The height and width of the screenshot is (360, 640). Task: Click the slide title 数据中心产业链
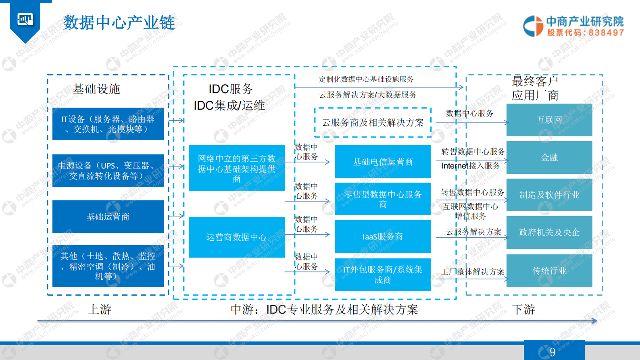pos(119,23)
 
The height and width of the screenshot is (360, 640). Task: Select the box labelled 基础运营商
pos(108,217)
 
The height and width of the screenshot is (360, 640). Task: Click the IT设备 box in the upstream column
pos(108,124)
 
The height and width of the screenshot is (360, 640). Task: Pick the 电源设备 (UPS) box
pos(108,171)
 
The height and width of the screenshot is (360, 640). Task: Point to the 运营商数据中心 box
pos(236,237)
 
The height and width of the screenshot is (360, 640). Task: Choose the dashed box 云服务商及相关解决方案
pos(373,123)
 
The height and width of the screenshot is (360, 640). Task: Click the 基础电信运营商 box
pos(383,162)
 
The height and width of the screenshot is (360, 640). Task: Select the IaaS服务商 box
pos(383,237)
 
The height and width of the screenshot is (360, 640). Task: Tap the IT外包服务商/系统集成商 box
pos(383,275)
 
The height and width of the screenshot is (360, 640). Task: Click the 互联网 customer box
pos(549,120)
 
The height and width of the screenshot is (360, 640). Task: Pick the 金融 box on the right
pos(549,158)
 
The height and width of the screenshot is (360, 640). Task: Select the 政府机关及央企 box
pos(549,233)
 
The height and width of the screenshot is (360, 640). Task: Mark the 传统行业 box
pos(549,271)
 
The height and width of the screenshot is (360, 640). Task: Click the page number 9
pos(553,352)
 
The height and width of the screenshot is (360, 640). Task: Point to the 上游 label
pos(100,310)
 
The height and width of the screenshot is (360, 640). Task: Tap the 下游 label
pos(523,310)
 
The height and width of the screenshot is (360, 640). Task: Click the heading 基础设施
pos(96,89)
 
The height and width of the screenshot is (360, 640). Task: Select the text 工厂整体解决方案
pos(473,272)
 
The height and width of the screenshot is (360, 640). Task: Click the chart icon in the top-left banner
pos(25,19)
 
